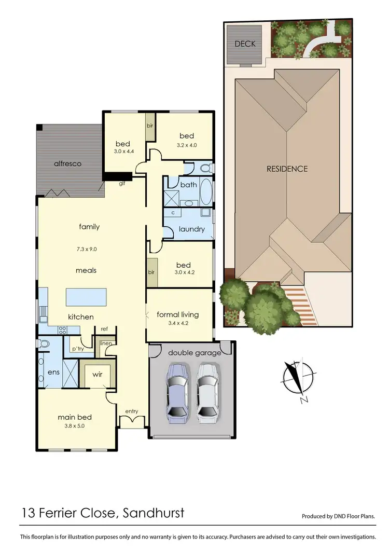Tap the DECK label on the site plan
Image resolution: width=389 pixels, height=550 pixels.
(245, 44)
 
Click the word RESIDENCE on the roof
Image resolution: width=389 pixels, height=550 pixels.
(287, 169)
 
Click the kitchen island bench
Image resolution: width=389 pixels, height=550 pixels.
(86, 298)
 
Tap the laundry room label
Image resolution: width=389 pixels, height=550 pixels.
(191, 229)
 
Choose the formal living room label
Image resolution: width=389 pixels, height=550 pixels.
(178, 314)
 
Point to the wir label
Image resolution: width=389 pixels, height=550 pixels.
(97, 374)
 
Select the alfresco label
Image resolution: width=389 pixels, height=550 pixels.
(68, 163)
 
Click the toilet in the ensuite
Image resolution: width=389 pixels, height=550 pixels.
(44, 343)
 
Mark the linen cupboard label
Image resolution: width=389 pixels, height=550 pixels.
(106, 343)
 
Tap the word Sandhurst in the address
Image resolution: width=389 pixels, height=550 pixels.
(153, 514)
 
